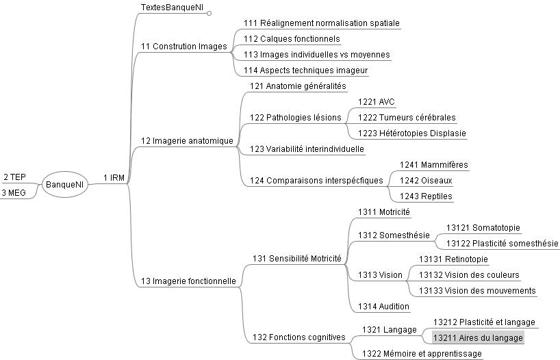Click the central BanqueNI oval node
click(x=65, y=185)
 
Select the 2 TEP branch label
click(x=14, y=177)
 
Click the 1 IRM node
click(x=114, y=178)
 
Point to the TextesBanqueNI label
click(x=172, y=8)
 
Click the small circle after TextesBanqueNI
click(x=209, y=12)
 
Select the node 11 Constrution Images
click(x=183, y=47)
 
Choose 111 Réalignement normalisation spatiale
click(x=321, y=23)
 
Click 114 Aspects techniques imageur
click(x=305, y=70)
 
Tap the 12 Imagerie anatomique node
click(x=187, y=141)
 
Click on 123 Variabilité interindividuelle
click(x=307, y=149)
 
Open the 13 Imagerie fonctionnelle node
click(x=188, y=281)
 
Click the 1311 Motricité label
click(x=384, y=212)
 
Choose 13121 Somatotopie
click(x=483, y=228)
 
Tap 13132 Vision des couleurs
click(x=469, y=275)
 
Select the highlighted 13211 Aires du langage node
click(x=478, y=338)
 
